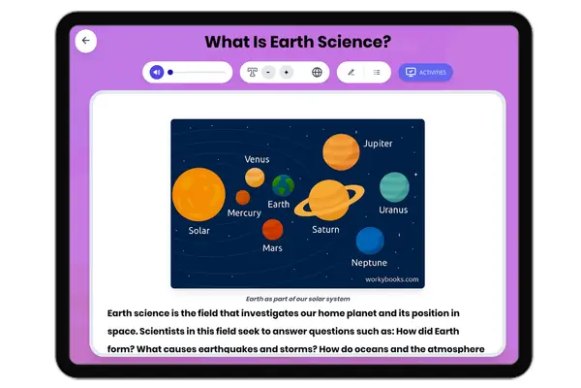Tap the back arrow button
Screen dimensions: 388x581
coord(86,41)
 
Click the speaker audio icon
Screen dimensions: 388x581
coord(157,72)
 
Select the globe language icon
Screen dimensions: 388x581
coord(317,72)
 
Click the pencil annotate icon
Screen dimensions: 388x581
coord(351,72)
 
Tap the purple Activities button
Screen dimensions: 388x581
coord(425,72)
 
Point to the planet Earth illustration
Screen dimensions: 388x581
coord(283,184)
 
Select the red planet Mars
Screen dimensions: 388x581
coord(272,229)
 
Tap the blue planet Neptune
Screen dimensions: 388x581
coord(370,241)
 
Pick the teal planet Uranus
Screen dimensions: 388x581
coord(394,186)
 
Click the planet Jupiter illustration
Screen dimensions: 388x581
coord(341,150)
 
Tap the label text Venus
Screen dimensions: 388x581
coord(257,159)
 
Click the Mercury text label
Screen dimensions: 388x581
coord(244,212)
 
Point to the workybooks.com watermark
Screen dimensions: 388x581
coord(392,279)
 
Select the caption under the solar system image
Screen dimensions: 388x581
coord(296,300)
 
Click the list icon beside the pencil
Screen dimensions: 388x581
coord(377,72)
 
